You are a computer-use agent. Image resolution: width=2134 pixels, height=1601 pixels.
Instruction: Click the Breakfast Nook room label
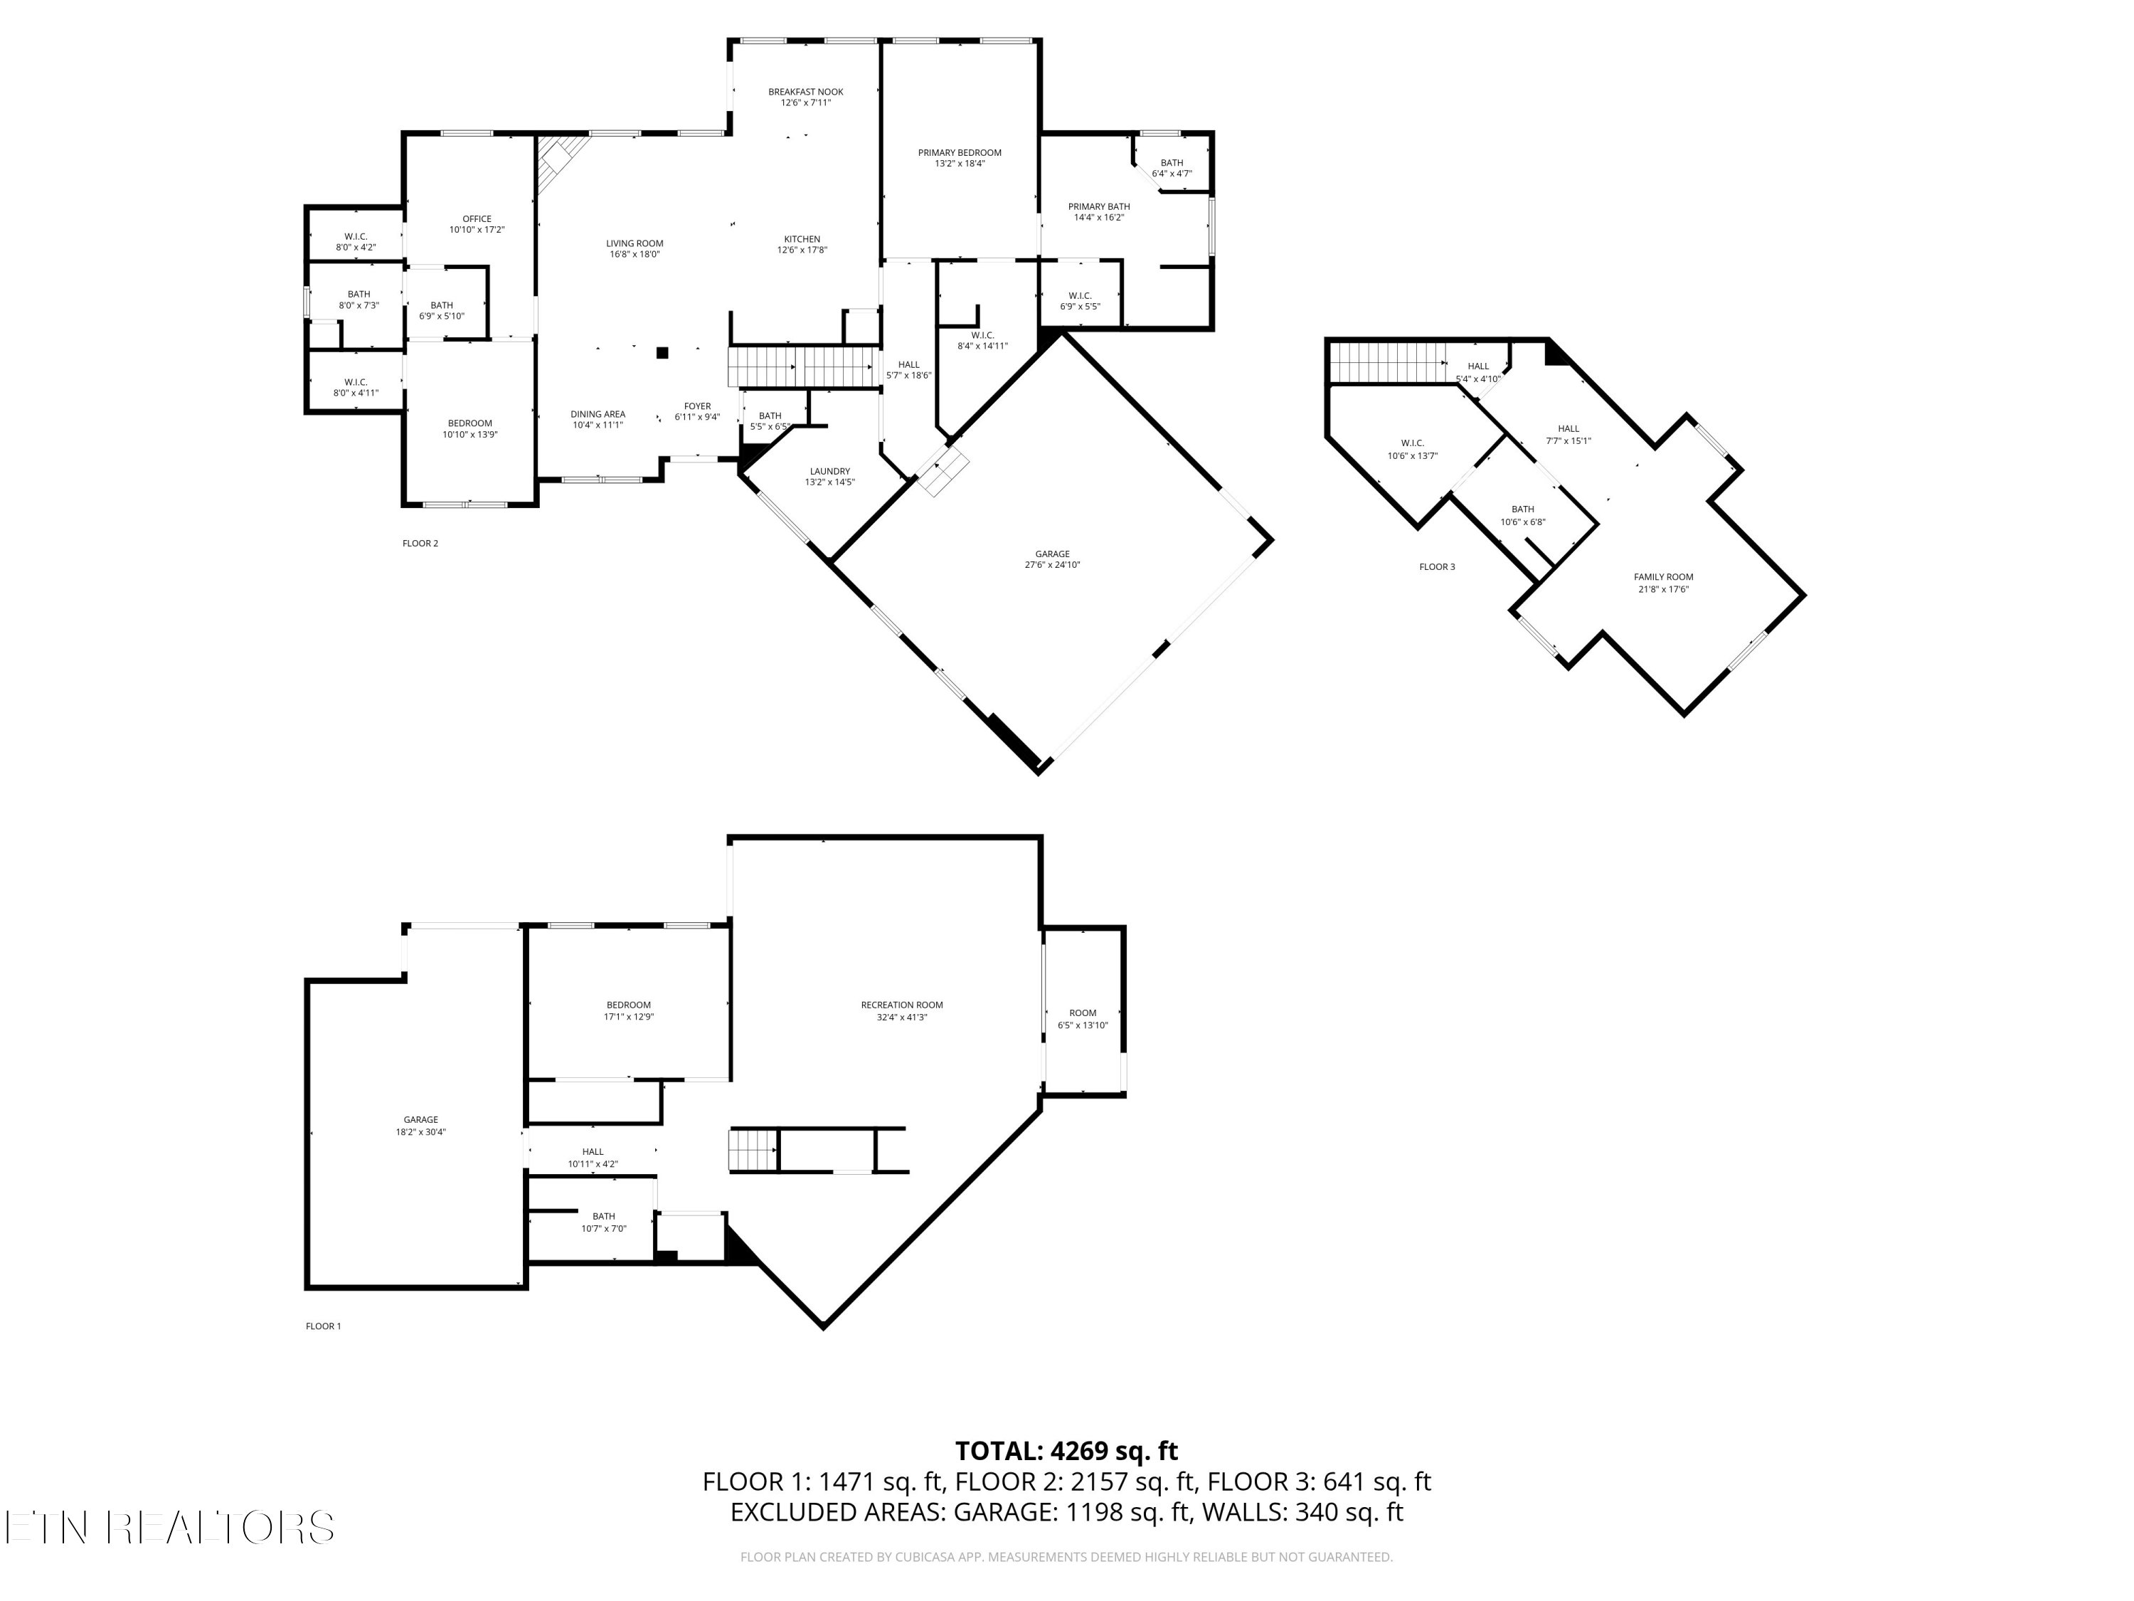[805, 93]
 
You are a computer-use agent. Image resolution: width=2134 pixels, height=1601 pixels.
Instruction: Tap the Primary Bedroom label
[959, 152]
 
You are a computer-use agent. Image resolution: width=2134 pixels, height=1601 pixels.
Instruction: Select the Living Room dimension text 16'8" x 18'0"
[635, 255]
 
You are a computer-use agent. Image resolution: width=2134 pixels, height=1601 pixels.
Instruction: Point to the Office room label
[477, 219]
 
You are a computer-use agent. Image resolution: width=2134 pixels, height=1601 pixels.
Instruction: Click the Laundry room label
[829, 472]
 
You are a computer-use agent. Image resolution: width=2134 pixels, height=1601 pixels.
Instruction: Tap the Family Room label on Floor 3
[1663, 577]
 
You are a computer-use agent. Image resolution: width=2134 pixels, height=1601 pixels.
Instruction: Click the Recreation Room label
[902, 1005]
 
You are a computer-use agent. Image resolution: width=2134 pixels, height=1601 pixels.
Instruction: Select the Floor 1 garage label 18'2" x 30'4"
[420, 1132]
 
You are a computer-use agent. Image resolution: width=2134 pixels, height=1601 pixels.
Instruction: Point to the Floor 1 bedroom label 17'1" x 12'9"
[629, 1016]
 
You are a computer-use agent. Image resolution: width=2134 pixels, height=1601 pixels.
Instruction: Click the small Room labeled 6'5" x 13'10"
[1083, 1013]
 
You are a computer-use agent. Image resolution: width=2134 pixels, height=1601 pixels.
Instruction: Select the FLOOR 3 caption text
[1436, 567]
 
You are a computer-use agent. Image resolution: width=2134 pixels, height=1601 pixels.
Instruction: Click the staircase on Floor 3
[1386, 363]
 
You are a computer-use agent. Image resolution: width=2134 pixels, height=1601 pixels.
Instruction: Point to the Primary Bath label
[1099, 206]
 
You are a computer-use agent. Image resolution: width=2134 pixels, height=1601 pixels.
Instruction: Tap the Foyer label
[698, 406]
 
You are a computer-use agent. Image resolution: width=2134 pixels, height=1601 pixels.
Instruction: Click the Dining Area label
[598, 414]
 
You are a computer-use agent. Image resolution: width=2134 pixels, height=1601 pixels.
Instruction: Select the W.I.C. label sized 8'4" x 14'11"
[982, 335]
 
